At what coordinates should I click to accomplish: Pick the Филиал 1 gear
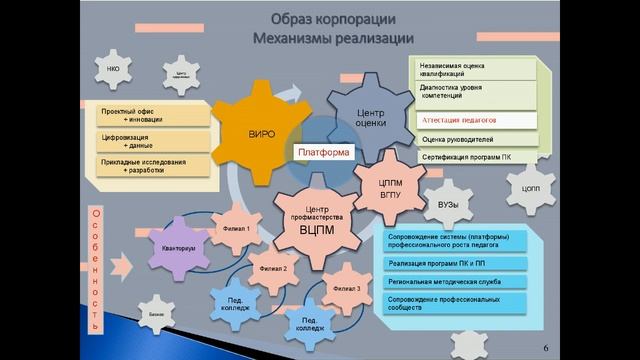[x=235, y=229]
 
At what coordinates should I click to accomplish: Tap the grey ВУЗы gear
[x=449, y=204]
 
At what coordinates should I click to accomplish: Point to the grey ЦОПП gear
[x=530, y=188]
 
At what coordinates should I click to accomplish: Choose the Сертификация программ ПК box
[x=479, y=157]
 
